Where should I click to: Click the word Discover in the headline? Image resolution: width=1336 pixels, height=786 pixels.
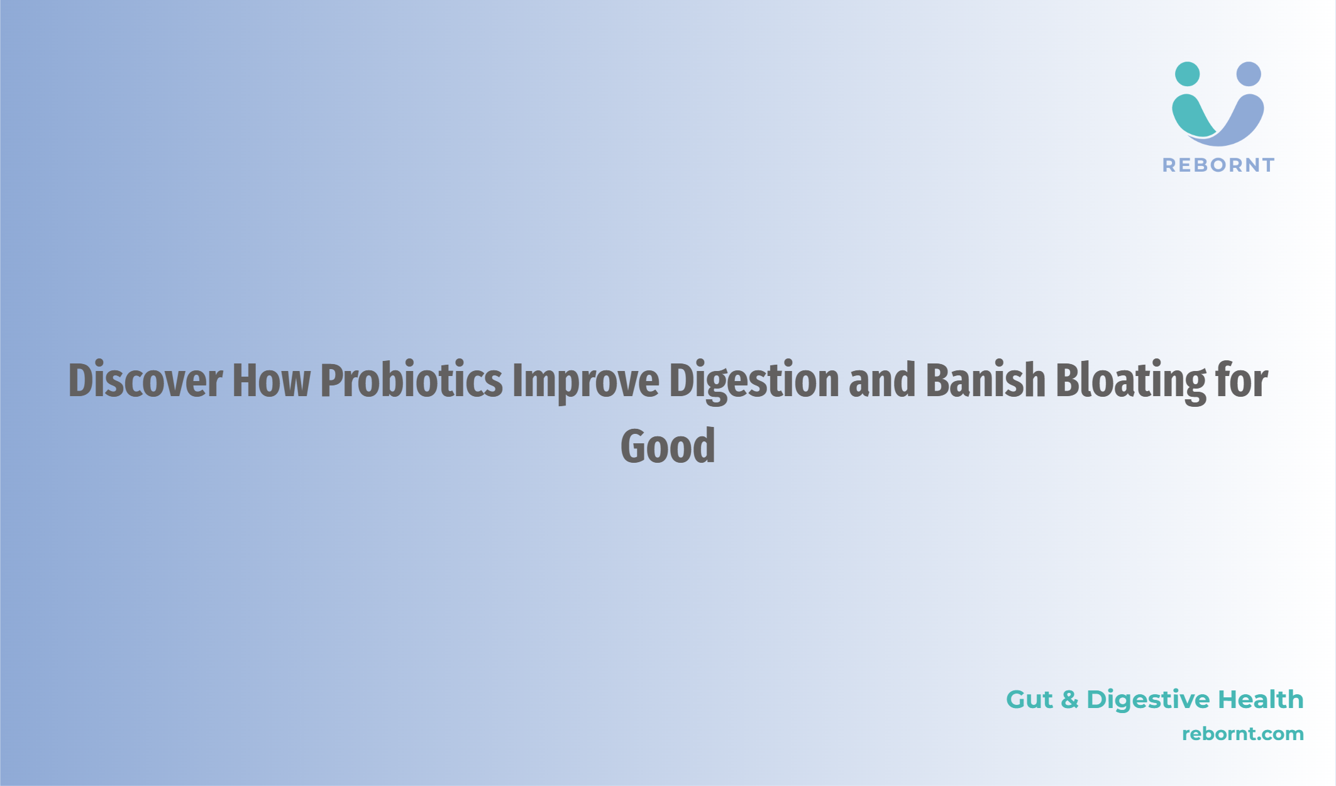[145, 380]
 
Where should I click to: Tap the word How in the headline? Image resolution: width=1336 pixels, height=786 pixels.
[272, 380]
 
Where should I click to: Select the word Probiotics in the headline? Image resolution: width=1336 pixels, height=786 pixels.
[411, 381]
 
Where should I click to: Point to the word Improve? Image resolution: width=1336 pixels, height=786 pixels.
[586, 382]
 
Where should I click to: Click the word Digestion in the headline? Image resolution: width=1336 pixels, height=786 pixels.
[754, 382]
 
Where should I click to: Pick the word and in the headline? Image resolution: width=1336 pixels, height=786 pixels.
[882, 380]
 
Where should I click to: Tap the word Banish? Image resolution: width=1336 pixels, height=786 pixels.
[985, 380]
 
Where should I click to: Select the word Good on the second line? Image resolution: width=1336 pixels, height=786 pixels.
[668, 446]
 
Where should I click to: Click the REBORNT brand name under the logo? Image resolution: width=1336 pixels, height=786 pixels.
[1218, 165]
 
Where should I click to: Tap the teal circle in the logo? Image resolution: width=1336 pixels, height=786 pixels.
[1187, 74]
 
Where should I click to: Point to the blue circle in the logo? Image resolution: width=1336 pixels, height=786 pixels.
[1249, 74]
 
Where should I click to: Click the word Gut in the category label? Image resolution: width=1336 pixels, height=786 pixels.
[1029, 700]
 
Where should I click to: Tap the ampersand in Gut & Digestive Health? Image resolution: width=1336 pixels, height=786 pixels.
[1069, 700]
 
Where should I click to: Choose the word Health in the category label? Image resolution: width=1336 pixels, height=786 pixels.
[1261, 699]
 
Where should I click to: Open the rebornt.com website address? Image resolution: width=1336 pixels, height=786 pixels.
[1243, 734]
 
